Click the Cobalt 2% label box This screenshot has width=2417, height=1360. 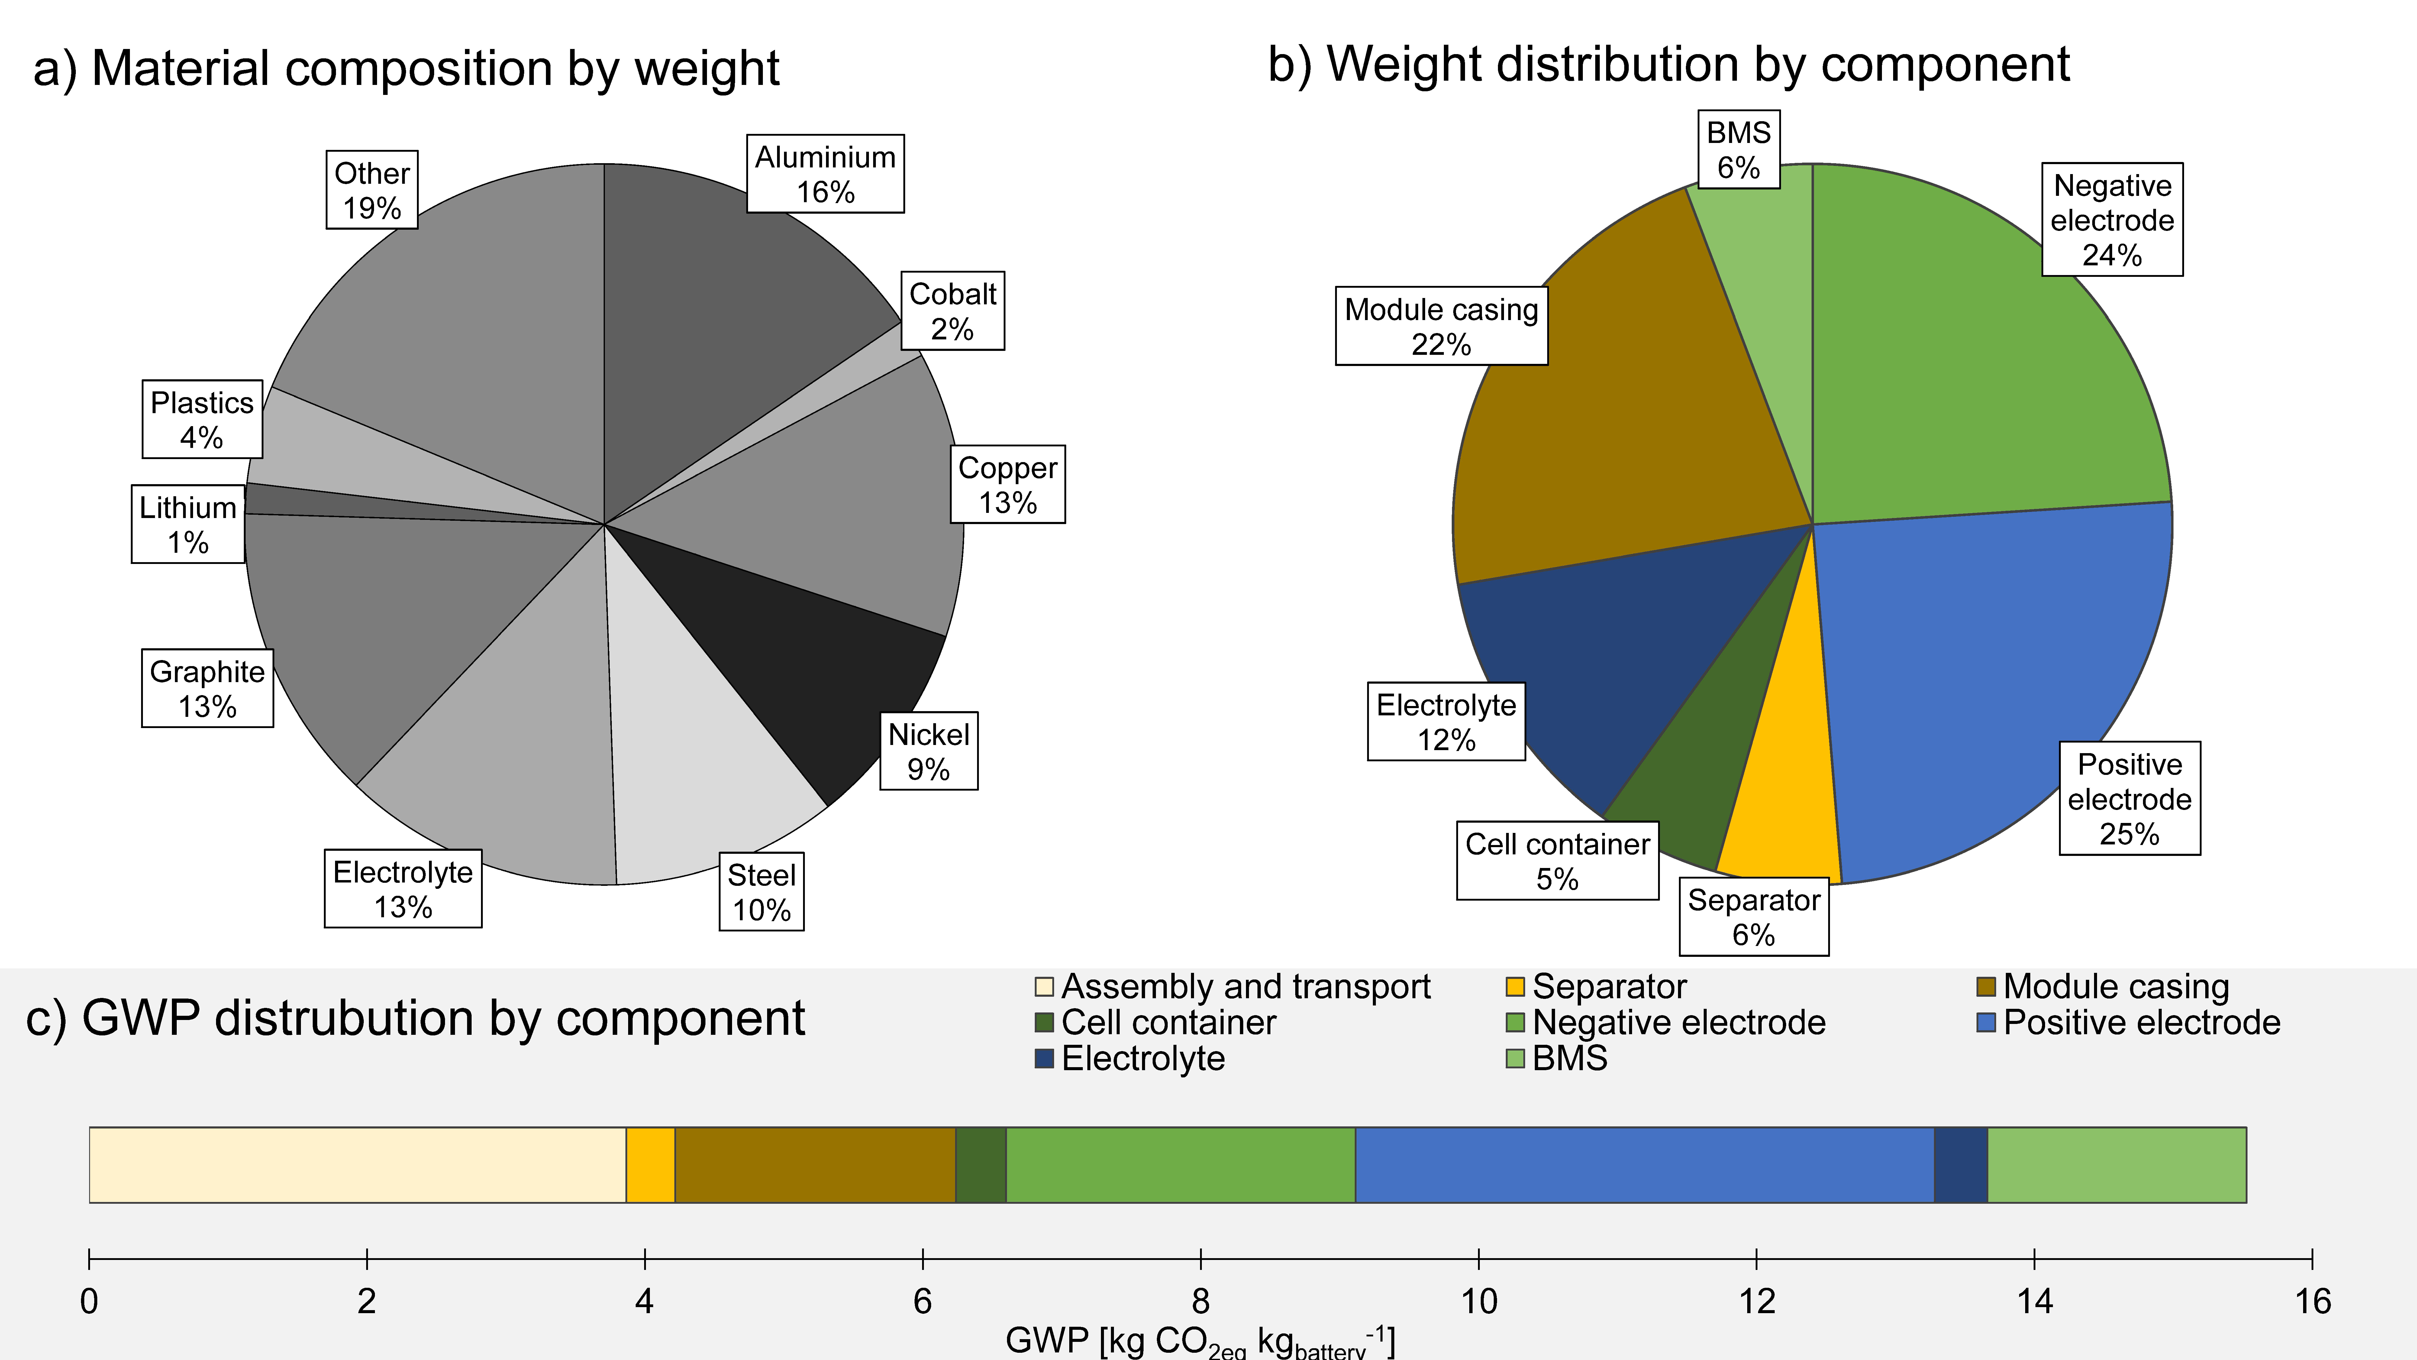click(952, 311)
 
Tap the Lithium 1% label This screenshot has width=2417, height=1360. click(188, 525)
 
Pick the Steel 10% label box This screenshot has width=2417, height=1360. click(761, 892)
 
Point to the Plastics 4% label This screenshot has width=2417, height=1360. click(202, 419)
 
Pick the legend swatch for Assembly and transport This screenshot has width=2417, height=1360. click(1043, 986)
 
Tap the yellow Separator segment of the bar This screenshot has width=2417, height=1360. click(650, 1165)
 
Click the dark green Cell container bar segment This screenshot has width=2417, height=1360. click(980, 1165)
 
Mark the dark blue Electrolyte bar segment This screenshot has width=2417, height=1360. click(1961, 1165)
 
